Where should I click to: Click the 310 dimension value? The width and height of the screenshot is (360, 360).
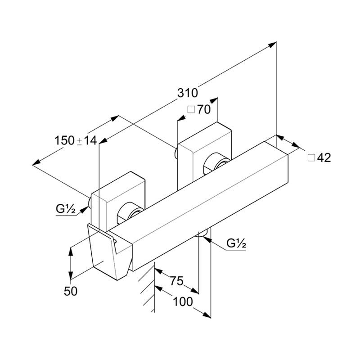coord(188,93)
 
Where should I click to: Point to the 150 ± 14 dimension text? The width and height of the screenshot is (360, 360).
coord(76,140)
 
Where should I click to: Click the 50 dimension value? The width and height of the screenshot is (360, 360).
coord(71,291)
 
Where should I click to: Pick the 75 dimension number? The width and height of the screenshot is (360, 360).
coord(176,281)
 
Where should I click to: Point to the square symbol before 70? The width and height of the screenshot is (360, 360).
coord(190,110)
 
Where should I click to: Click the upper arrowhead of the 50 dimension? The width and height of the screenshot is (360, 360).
coord(71,249)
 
